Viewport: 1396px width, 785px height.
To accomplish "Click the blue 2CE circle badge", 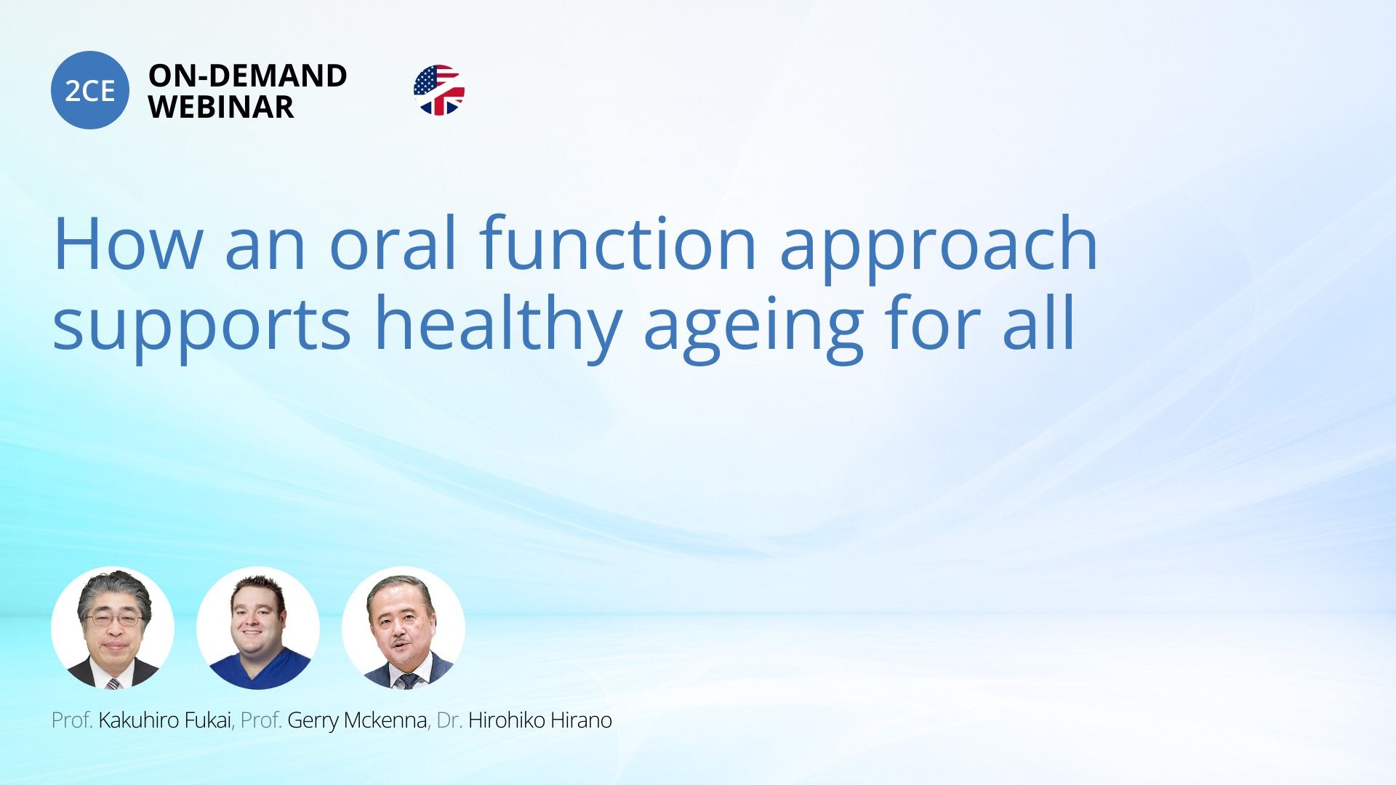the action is pos(90,90).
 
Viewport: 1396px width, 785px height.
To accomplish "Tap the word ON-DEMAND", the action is pos(247,76).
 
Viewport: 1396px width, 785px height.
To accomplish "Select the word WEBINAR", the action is pos(221,107).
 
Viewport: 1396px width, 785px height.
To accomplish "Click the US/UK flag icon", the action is pos(438,90).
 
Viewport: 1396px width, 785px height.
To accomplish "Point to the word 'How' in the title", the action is pos(128,243).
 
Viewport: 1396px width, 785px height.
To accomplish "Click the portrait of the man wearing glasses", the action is pos(113,628).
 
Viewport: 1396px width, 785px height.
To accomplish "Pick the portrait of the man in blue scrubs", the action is pos(258,628).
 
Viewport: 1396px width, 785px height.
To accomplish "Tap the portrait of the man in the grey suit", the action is pos(404,628).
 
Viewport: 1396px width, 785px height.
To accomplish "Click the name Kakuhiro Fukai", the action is pos(164,720).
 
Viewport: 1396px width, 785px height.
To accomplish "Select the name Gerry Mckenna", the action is pos(357,720).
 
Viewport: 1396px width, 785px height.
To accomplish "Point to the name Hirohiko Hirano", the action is pos(540,720).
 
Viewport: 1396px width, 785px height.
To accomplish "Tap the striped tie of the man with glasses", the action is pos(113,683).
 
